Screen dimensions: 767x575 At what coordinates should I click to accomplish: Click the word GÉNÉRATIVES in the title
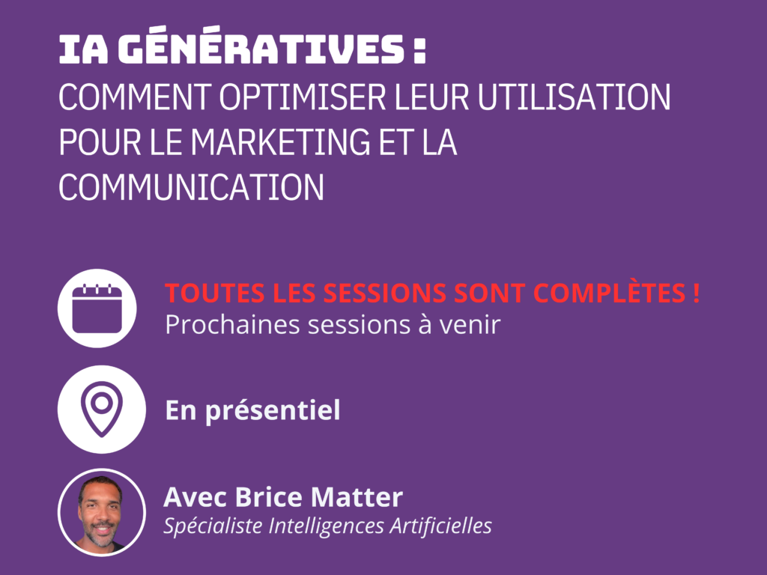pos(261,46)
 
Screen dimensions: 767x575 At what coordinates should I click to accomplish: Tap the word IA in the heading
pos(83,49)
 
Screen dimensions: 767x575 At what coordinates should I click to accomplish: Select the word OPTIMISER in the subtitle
pos(303,97)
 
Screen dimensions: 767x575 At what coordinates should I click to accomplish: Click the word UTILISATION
pos(574,97)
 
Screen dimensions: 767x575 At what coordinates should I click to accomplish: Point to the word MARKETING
pos(280,142)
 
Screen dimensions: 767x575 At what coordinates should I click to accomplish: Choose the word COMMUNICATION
pos(191,186)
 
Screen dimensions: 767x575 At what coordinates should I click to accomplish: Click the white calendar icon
pos(97,308)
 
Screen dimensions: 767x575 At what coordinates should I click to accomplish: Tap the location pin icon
pos(102,410)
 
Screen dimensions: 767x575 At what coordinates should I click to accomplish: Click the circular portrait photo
pos(102,512)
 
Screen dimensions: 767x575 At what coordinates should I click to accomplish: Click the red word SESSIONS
pos(384,293)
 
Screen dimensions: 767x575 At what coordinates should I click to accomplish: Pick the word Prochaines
pos(232,324)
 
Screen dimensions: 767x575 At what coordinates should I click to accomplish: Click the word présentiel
pos(273,411)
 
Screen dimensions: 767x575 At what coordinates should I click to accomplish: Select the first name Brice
pos(268,497)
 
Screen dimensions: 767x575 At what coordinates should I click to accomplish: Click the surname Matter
pos(357,497)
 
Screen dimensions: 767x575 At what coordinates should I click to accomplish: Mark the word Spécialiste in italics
pos(213,526)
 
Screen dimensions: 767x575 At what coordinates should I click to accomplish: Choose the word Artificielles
pos(440,526)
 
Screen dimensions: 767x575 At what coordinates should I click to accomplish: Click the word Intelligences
pos(327,526)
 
